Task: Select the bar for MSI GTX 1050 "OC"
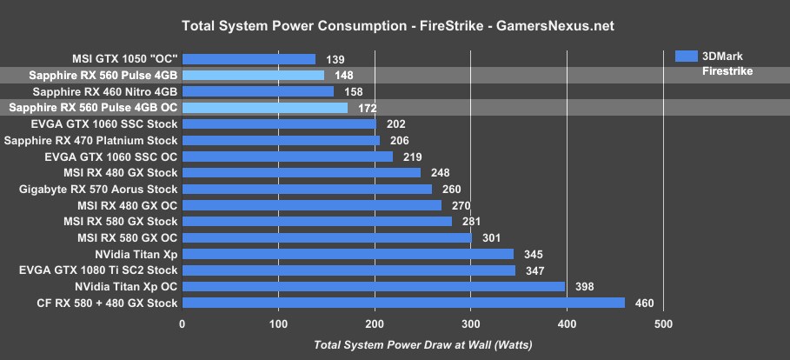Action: tap(249, 59)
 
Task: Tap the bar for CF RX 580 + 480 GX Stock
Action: tap(403, 303)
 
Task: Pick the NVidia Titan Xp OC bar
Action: tap(374, 287)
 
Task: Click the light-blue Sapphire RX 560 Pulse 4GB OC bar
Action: tap(265, 108)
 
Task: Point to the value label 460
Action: tap(644, 303)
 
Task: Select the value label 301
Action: tap(491, 238)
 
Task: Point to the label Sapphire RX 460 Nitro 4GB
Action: tap(104, 91)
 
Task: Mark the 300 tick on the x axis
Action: tap(471, 325)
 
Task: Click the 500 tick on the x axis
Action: tap(663, 325)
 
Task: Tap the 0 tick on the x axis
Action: tap(183, 325)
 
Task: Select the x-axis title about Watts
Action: tap(423, 345)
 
